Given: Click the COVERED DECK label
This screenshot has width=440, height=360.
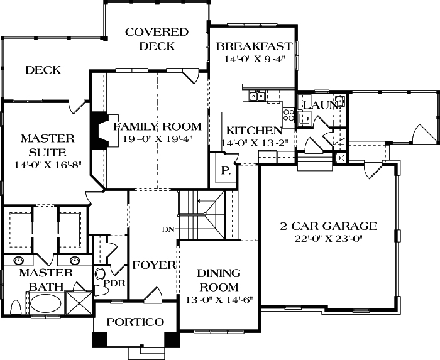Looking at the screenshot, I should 156,39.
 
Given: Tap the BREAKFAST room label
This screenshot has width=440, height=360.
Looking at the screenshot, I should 253,46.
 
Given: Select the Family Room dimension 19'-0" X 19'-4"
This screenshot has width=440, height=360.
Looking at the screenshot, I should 157,139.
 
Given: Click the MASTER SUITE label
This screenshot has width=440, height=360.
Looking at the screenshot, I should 47,145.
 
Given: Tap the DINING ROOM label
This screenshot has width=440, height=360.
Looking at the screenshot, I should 219,280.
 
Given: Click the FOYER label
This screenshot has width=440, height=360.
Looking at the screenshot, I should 154,265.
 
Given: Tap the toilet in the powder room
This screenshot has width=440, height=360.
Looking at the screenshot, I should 101,275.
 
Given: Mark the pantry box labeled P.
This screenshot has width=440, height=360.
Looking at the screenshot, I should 225,170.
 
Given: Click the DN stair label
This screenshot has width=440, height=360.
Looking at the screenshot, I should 167,229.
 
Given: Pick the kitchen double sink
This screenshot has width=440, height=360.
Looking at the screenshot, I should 256,95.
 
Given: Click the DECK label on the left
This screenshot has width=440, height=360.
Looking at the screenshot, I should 43,70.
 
